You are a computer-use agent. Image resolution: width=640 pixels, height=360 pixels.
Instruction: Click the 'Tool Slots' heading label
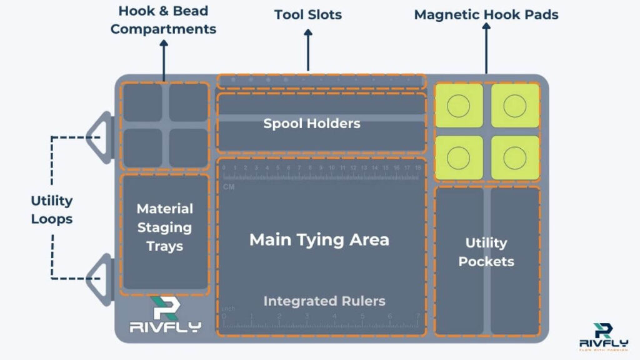[308, 14]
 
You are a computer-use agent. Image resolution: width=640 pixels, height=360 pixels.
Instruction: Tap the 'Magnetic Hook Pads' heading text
[486, 14]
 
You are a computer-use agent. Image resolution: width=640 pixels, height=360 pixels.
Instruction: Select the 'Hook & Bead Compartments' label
[163, 20]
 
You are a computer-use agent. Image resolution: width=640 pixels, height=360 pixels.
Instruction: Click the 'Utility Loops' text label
[52, 210]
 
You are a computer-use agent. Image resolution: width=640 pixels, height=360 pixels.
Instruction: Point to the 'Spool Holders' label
[312, 124]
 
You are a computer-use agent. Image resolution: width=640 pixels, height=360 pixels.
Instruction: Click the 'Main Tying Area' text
[319, 239]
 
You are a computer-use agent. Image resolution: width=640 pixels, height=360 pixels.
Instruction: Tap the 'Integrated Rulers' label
[324, 301]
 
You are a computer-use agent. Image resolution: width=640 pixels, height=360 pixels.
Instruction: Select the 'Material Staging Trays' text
[165, 227]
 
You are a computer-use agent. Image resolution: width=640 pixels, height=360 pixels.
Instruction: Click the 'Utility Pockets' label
[486, 252]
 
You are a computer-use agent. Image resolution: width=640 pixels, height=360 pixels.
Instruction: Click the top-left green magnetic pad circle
[459, 106]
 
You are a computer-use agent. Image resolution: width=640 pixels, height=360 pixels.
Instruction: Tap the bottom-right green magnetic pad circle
[515, 157]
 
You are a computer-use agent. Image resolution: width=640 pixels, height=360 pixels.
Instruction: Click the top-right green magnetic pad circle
[515, 106]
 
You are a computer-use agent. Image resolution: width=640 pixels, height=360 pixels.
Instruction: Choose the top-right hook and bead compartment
[188, 102]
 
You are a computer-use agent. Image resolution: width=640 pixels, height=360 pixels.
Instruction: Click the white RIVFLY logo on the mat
[164, 315]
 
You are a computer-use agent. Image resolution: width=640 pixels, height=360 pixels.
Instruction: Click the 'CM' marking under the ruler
[229, 187]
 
